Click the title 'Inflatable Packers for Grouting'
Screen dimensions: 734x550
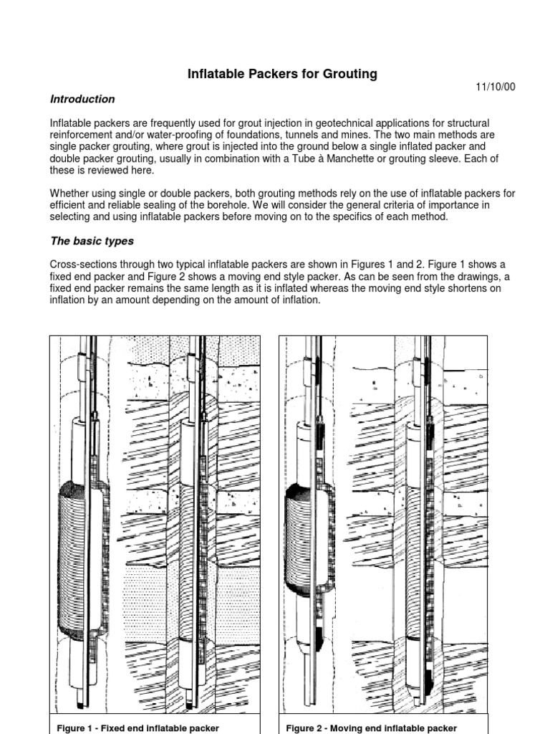282,74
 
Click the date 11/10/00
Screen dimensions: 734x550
496,87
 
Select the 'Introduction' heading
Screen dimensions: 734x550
82,99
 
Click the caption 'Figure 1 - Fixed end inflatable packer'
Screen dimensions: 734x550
137,728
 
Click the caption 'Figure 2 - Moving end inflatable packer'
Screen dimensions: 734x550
371,728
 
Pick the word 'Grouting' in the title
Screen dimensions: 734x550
351,74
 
